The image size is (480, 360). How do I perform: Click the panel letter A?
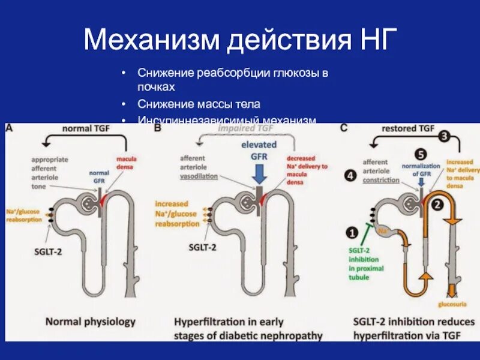10,127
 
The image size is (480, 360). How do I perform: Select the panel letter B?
157,128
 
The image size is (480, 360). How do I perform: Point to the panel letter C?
344,128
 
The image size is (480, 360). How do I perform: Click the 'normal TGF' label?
82,128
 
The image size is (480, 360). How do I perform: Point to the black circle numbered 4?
350,176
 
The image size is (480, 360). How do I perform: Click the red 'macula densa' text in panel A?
126,162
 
